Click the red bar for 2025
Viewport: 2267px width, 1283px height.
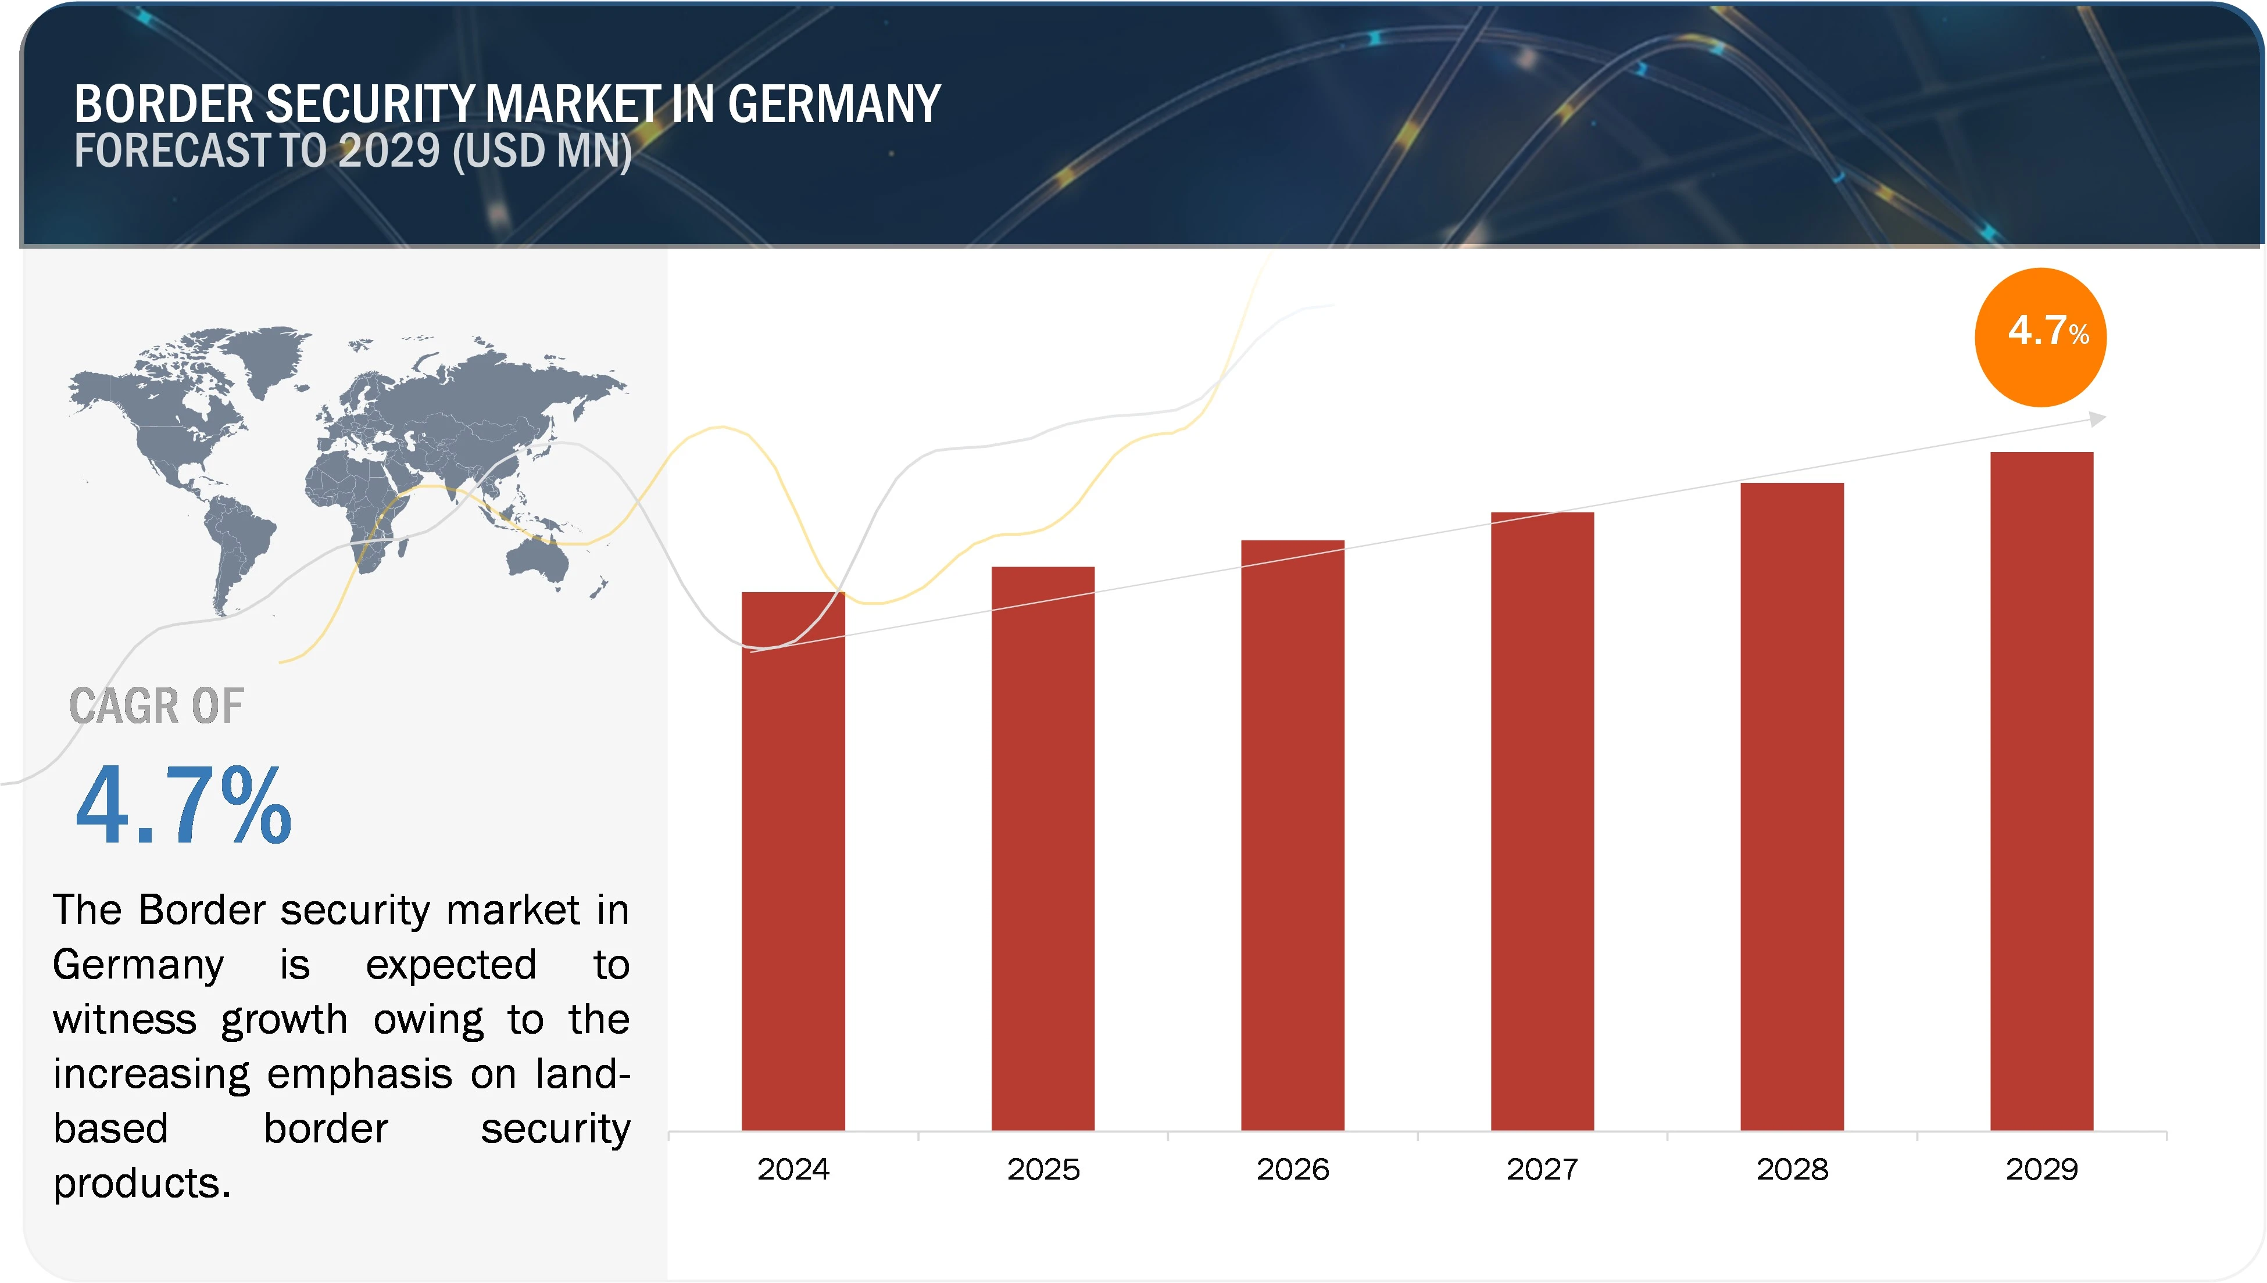pos(1043,850)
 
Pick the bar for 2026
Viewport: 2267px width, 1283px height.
pos(1292,837)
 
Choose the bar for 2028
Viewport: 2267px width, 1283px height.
pos(1792,807)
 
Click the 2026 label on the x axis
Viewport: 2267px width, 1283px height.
pos(1292,1169)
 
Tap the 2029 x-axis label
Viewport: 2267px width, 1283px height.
pos(2041,1169)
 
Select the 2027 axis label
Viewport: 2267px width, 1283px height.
pos(1542,1169)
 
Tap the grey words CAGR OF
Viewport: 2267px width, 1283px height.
pos(156,706)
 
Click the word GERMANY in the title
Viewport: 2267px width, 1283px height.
pos(834,104)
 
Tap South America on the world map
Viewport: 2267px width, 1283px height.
pos(236,546)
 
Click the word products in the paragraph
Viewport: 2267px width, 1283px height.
pos(141,1182)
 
